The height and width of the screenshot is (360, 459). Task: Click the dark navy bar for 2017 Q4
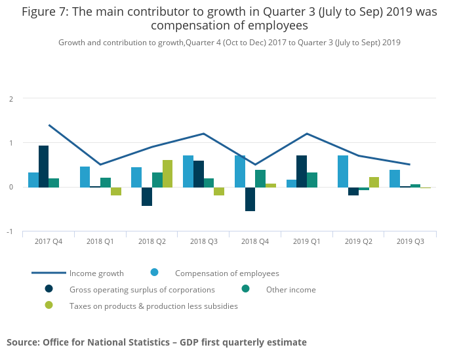click(x=43, y=167)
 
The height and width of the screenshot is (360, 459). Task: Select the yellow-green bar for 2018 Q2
click(x=167, y=174)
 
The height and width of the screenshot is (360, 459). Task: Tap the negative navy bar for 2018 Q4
click(x=250, y=199)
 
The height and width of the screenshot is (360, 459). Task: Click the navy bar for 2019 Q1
click(x=301, y=171)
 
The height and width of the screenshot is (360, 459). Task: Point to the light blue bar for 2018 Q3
click(x=188, y=171)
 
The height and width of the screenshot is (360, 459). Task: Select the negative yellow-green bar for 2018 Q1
click(x=116, y=191)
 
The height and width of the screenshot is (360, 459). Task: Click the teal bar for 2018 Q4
click(x=260, y=178)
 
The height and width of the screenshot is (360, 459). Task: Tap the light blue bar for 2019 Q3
click(x=394, y=178)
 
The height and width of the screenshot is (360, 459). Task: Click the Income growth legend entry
click(x=96, y=273)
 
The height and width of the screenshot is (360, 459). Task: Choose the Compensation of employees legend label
click(x=227, y=273)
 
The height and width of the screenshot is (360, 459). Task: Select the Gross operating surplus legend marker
click(x=49, y=289)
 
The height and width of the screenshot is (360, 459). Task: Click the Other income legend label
click(x=290, y=290)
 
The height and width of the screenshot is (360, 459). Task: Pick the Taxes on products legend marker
click(x=49, y=306)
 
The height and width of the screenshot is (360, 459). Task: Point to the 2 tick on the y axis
click(x=10, y=99)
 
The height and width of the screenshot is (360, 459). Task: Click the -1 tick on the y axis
click(x=10, y=232)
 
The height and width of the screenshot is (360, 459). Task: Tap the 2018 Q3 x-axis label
click(x=203, y=242)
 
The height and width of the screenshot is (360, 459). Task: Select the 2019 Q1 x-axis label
click(x=306, y=242)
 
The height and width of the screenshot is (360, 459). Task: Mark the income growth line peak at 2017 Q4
click(x=49, y=125)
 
